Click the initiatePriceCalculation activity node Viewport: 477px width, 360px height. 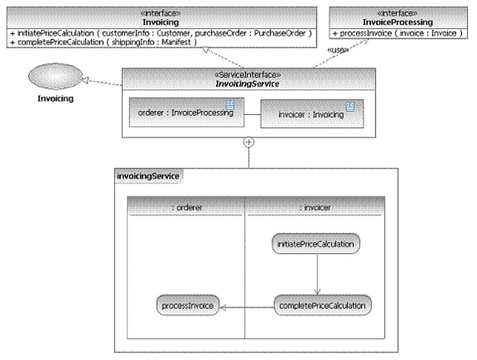click(316, 243)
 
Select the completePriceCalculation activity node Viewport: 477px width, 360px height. click(323, 305)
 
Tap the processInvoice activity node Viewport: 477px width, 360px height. click(188, 305)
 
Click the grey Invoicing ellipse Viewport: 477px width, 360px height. click(55, 76)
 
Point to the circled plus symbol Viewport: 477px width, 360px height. click(249, 142)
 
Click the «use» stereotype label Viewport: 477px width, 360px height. click(338, 50)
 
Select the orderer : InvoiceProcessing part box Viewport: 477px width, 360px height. click(187, 112)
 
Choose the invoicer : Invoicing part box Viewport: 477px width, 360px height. click(312, 113)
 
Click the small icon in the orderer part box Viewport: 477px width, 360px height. click(230, 105)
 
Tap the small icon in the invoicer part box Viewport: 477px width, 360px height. click(350, 107)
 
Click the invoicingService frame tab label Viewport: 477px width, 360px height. click(148, 176)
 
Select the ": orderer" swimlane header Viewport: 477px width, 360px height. click(187, 207)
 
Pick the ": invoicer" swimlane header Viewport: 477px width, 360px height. click(315, 207)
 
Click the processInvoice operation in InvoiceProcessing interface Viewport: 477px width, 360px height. click(398, 33)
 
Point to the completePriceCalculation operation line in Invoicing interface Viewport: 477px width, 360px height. click(103, 42)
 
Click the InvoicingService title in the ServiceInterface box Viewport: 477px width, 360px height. click(248, 84)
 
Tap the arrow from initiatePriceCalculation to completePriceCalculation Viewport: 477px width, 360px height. click(317, 274)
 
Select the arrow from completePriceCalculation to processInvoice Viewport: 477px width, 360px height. click(247, 307)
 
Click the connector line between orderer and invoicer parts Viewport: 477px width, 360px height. click(252, 115)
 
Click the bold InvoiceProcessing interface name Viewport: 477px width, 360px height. click(398, 22)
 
